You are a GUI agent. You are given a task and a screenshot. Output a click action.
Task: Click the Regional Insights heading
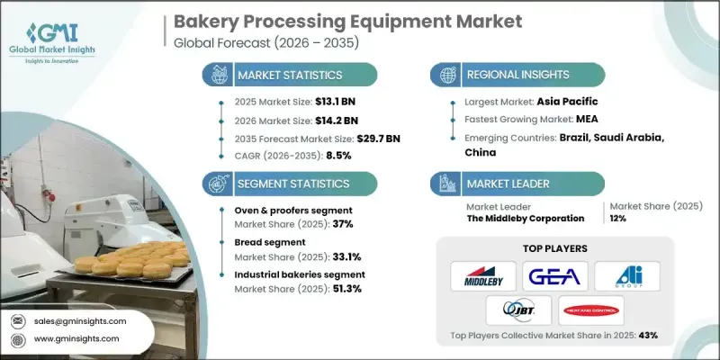point(512,75)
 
